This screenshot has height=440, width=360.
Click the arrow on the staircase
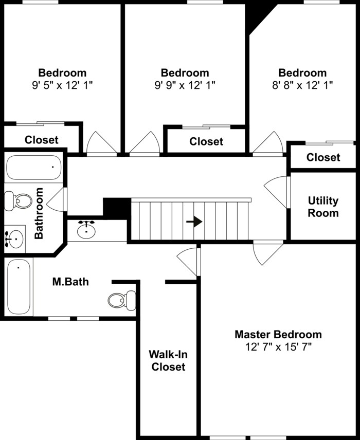[194, 221]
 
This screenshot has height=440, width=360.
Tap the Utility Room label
[323, 207]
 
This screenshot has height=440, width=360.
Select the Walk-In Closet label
[167, 360]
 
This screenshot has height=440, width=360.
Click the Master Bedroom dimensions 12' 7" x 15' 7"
[278, 347]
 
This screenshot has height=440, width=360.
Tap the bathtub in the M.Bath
[19, 287]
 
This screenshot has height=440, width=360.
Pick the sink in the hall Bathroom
[15, 239]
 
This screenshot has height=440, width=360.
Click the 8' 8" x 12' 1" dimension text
[302, 85]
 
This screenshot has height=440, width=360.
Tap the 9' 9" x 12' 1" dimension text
[185, 85]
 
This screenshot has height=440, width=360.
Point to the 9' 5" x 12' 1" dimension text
[62, 85]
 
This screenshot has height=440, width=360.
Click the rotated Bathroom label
[39, 213]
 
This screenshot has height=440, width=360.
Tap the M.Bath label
[70, 282]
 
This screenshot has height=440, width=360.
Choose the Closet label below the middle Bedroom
[206, 141]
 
